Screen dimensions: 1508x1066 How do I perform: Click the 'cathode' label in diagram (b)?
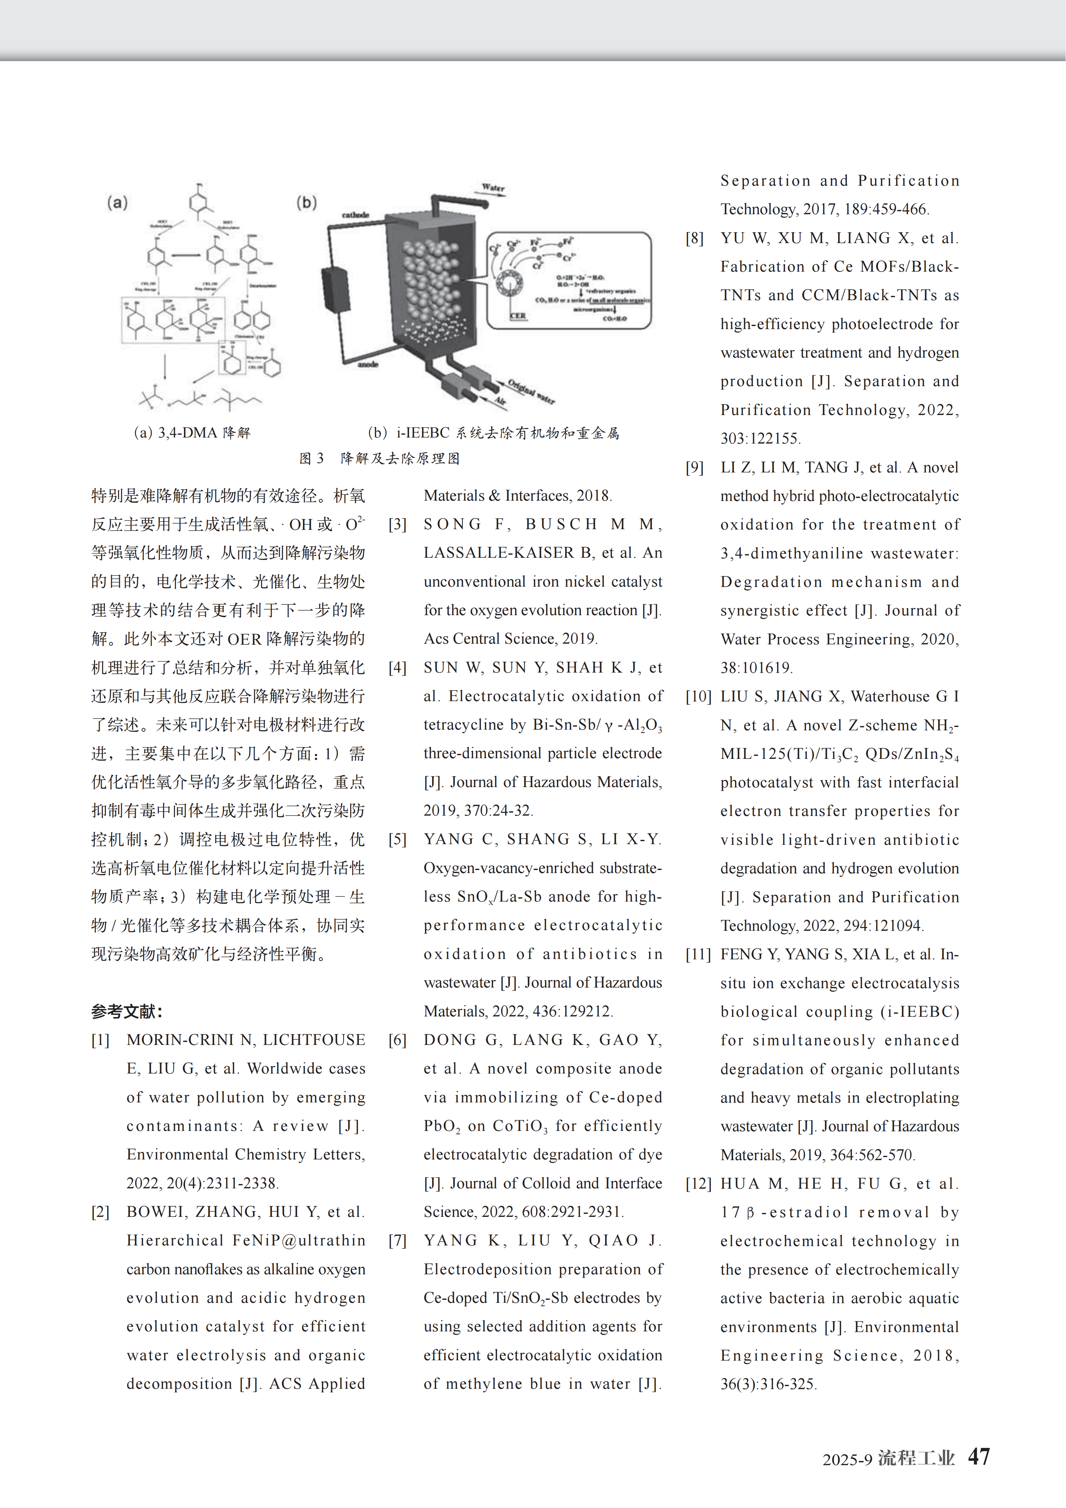click(355, 215)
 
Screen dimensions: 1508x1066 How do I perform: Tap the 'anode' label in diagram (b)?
click(368, 364)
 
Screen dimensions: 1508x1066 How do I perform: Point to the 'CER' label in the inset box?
click(518, 316)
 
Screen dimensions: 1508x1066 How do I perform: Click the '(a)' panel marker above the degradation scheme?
click(117, 202)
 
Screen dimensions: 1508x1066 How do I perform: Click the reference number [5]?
click(398, 839)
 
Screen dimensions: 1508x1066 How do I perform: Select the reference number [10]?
click(698, 696)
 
